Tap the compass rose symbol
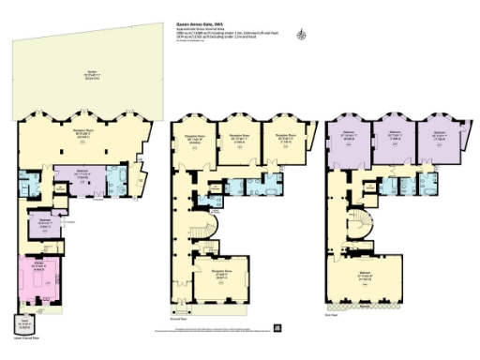point(300,35)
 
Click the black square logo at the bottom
point(278,328)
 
